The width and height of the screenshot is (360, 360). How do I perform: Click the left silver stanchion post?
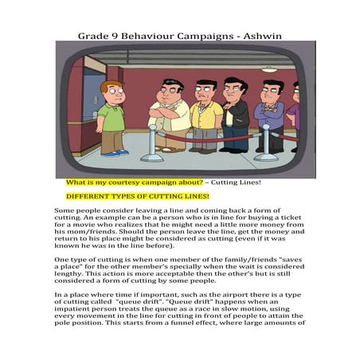[x=152, y=144]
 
